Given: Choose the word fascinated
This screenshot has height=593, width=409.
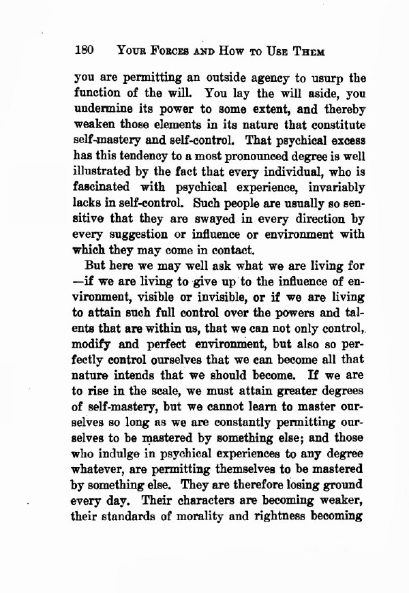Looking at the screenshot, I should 106,187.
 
